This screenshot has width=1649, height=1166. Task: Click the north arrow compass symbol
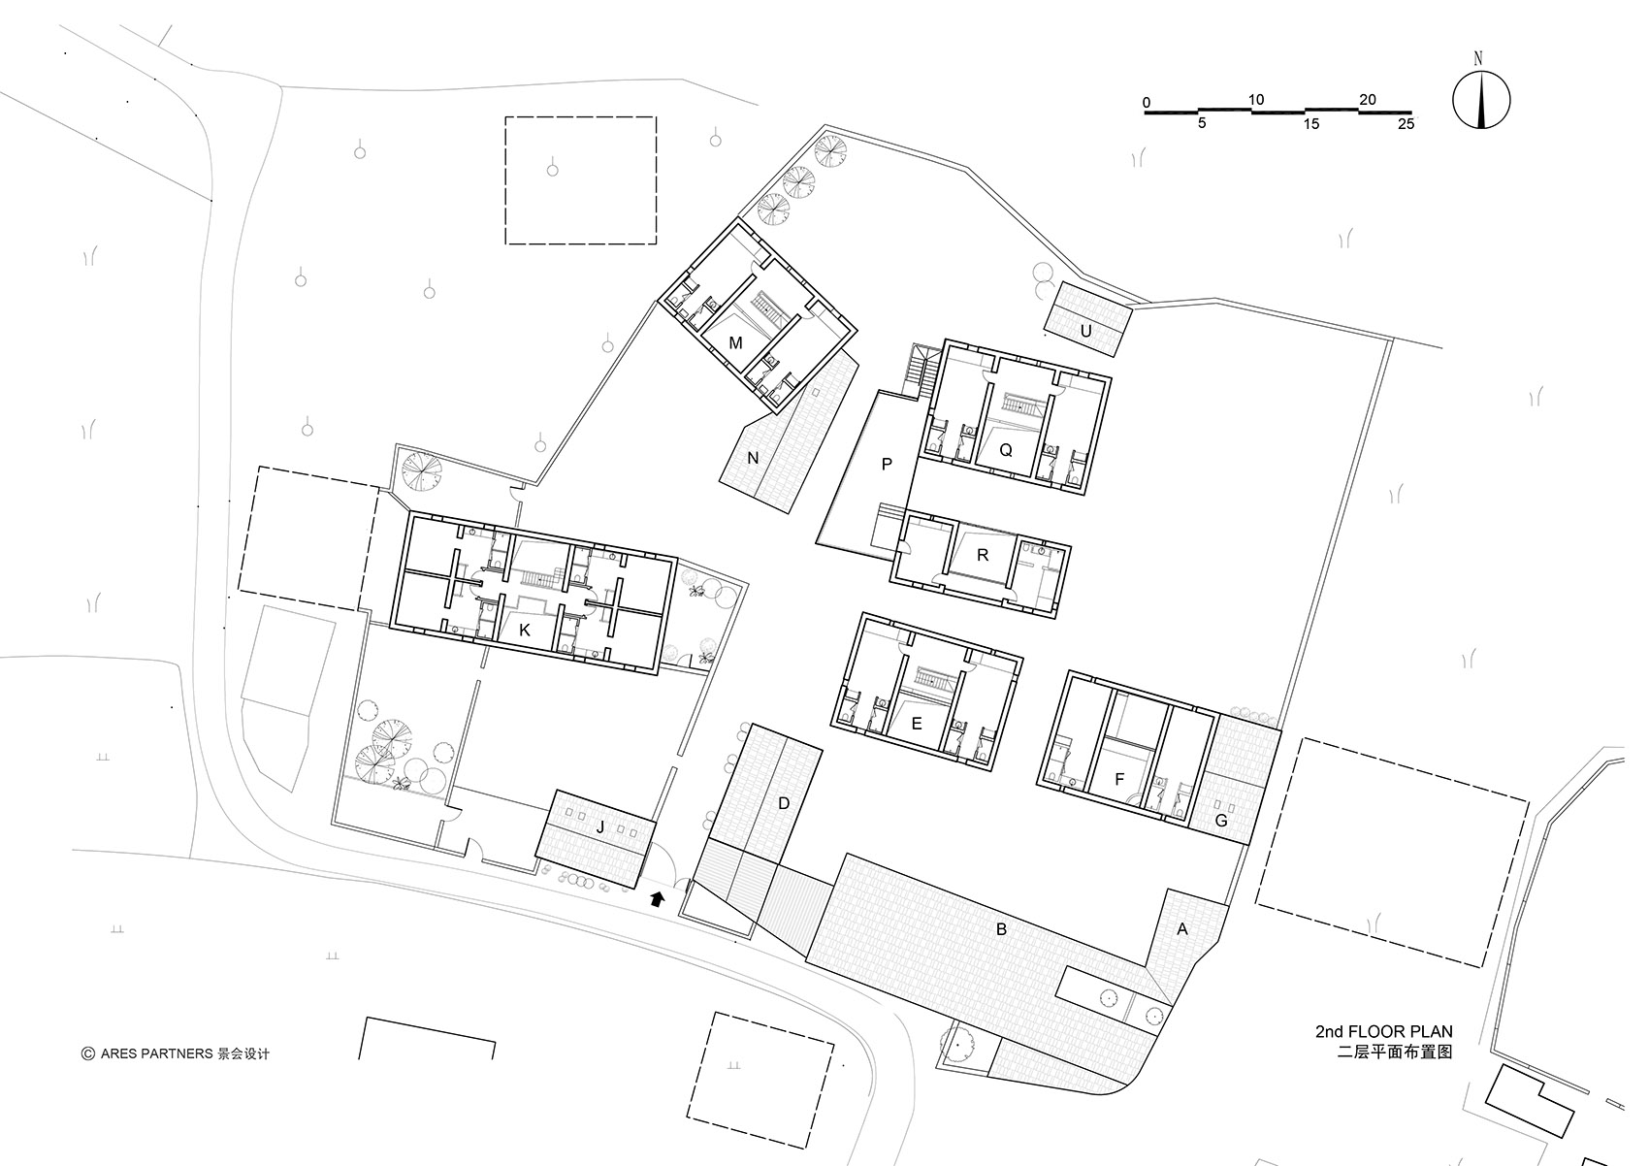pos(1481,99)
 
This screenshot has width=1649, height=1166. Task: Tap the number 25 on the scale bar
pos(1406,123)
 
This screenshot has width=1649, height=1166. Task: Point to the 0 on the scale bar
pos(1147,102)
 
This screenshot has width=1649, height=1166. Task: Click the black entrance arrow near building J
pos(658,897)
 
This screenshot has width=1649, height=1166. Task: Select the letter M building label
pos(735,343)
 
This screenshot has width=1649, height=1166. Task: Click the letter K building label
pos(525,631)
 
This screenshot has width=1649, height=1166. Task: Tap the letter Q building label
pos(1006,450)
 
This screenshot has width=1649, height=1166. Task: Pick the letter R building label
pos(982,555)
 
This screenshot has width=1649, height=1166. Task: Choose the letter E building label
pos(917,724)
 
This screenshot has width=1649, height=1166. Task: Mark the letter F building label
pos(1119,780)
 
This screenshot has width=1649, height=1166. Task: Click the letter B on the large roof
pos(1001,929)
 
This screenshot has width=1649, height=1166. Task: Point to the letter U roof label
pos(1085,331)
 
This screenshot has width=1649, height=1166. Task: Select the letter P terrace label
pos(888,464)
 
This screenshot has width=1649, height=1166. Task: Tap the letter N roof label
pos(753,459)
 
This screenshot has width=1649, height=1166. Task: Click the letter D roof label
pos(784,803)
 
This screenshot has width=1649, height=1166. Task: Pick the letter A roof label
pos(1182,929)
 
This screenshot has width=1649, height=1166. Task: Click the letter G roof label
pos(1220,820)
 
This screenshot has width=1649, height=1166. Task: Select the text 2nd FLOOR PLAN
pos(1384,1032)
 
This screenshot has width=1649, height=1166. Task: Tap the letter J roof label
pos(600,827)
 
